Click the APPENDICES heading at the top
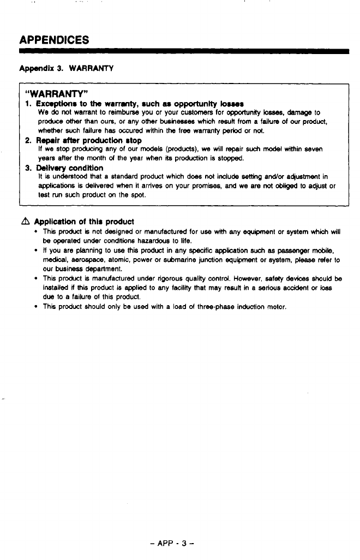tap(54, 40)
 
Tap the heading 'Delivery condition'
tap(69, 168)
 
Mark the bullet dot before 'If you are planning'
tap(36, 251)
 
